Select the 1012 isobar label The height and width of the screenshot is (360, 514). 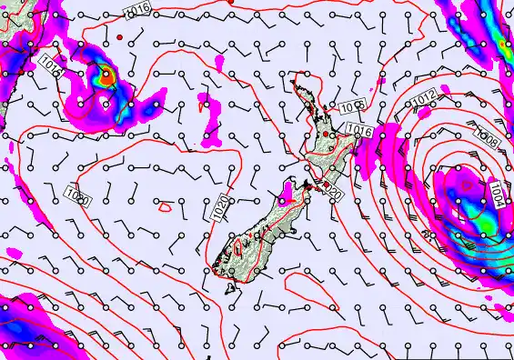click(x=422, y=99)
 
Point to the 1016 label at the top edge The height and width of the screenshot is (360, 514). click(x=137, y=8)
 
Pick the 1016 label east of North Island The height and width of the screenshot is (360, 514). click(x=360, y=132)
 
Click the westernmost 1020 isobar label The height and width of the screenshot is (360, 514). click(x=77, y=194)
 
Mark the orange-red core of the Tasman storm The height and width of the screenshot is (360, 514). click(x=106, y=77)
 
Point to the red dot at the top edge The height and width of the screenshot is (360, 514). click(x=230, y=2)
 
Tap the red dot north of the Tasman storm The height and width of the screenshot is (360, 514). click(x=119, y=37)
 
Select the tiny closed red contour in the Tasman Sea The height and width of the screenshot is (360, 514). click(x=165, y=206)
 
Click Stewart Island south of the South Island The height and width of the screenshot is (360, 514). click(x=228, y=290)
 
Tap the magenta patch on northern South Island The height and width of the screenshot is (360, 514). click(x=287, y=192)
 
